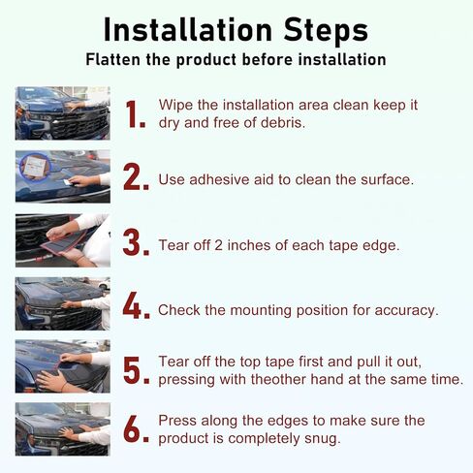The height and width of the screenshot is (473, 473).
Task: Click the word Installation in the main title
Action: pos(188,30)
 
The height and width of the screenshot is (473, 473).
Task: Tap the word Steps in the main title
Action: pos(326,30)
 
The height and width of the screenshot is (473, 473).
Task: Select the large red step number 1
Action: pos(135,113)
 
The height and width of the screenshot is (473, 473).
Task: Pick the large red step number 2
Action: pos(136,176)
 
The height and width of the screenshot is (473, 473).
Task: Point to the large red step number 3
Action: pos(136,242)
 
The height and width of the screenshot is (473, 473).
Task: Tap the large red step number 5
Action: pos(136,370)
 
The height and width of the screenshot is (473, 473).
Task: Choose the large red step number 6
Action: pos(136,428)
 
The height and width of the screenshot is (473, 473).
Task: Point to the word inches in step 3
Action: pos(248,245)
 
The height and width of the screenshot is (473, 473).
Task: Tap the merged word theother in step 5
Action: pos(280,379)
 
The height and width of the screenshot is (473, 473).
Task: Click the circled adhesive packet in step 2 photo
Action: pos(35,167)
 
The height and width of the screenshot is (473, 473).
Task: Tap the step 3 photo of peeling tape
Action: pos(63,240)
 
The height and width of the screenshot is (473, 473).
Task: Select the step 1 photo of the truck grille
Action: pos(63,113)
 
